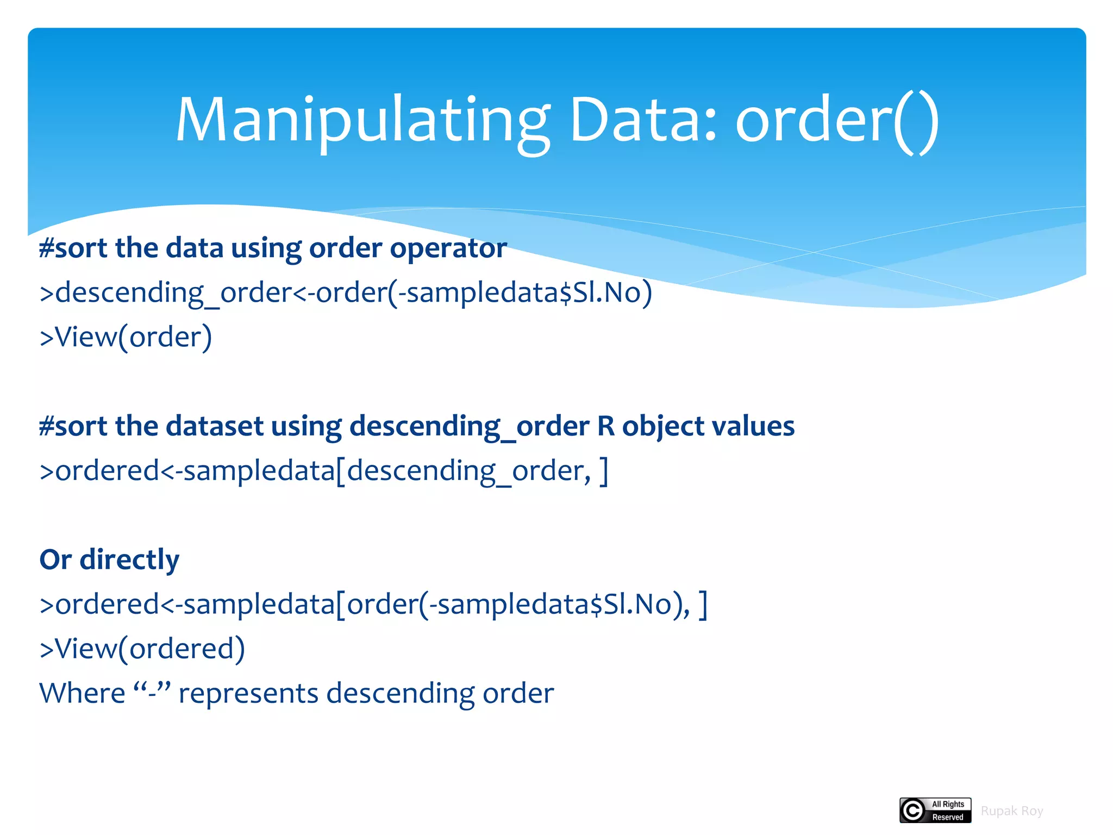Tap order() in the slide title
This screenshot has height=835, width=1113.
(x=836, y=121)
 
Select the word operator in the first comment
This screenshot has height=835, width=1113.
(x=448, y=248)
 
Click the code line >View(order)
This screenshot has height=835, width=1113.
(x=126, y=337)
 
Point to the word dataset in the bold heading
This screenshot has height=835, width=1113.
(x=215, y=426)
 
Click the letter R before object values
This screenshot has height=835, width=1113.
(x=605, y=426)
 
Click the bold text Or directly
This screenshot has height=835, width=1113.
(x=109, y=560)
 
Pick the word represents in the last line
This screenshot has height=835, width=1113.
(x=248, y=694)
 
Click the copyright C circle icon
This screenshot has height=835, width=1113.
(x=913, y=811)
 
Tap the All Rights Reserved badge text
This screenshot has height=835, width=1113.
(x=948, y=811)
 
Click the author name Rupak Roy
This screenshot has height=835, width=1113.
(x=1011, y=811)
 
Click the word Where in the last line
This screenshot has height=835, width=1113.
(x=82, y=694)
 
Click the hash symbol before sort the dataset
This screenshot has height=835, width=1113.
(x=47, y=426)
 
